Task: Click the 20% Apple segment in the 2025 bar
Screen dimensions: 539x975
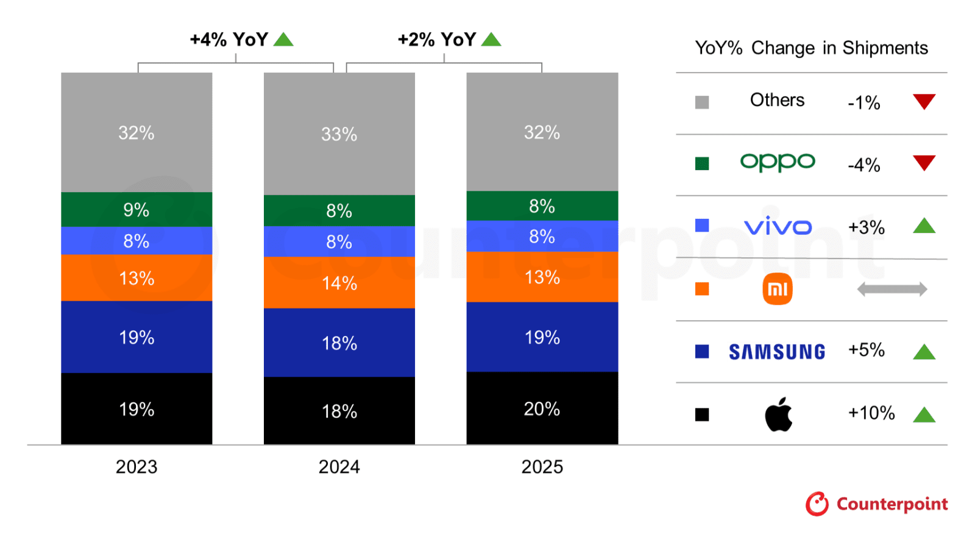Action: pyautogui.click(x=542, y=409)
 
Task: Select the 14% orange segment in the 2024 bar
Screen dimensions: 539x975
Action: pyautogui.click(x=339, y=283)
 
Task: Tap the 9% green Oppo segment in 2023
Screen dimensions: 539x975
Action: pyautogui.click(x=136, y=210)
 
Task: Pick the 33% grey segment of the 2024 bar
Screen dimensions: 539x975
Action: pyautogui.click(x=339, y=134)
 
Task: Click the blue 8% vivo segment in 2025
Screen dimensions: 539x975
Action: pyautogui.click(x=542, y=237)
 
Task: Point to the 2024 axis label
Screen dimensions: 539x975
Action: pyautogui.click(x=339, y=467)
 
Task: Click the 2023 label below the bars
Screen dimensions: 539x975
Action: pyautogui.click(x=136, y=467)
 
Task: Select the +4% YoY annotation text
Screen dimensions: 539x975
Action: pyautogui.click(x=229, y=40)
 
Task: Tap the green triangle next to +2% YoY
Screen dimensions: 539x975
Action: pyautogui.click(x=491, y=40)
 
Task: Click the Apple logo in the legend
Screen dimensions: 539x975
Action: pyautogui.click(x=778, y=415)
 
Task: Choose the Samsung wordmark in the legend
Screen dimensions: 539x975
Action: pyautogui.click(x=777, y=352)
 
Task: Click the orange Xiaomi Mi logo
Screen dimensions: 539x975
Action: pyautogui.click(x=778, y=289)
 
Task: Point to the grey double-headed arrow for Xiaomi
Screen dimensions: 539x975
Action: pyautogui.click(x=892, y=289)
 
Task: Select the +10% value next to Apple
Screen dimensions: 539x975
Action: pyautogui.click(x=871, y=413)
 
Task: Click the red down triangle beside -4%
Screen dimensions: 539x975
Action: pyautogui.click(x=924, y=163)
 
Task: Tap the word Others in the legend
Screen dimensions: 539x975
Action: pyautogui.click(x=777, y=100)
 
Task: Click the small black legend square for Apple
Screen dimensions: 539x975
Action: pyautogui.click(x=702, y=415)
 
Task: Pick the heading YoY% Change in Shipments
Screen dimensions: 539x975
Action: pyautogui.click(x=811, y=48)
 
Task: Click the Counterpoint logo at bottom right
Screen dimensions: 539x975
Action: pyautogui.click(x=877, y=504)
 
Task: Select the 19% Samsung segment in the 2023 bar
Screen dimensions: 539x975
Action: pyautogui.click(x=136, y=337)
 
